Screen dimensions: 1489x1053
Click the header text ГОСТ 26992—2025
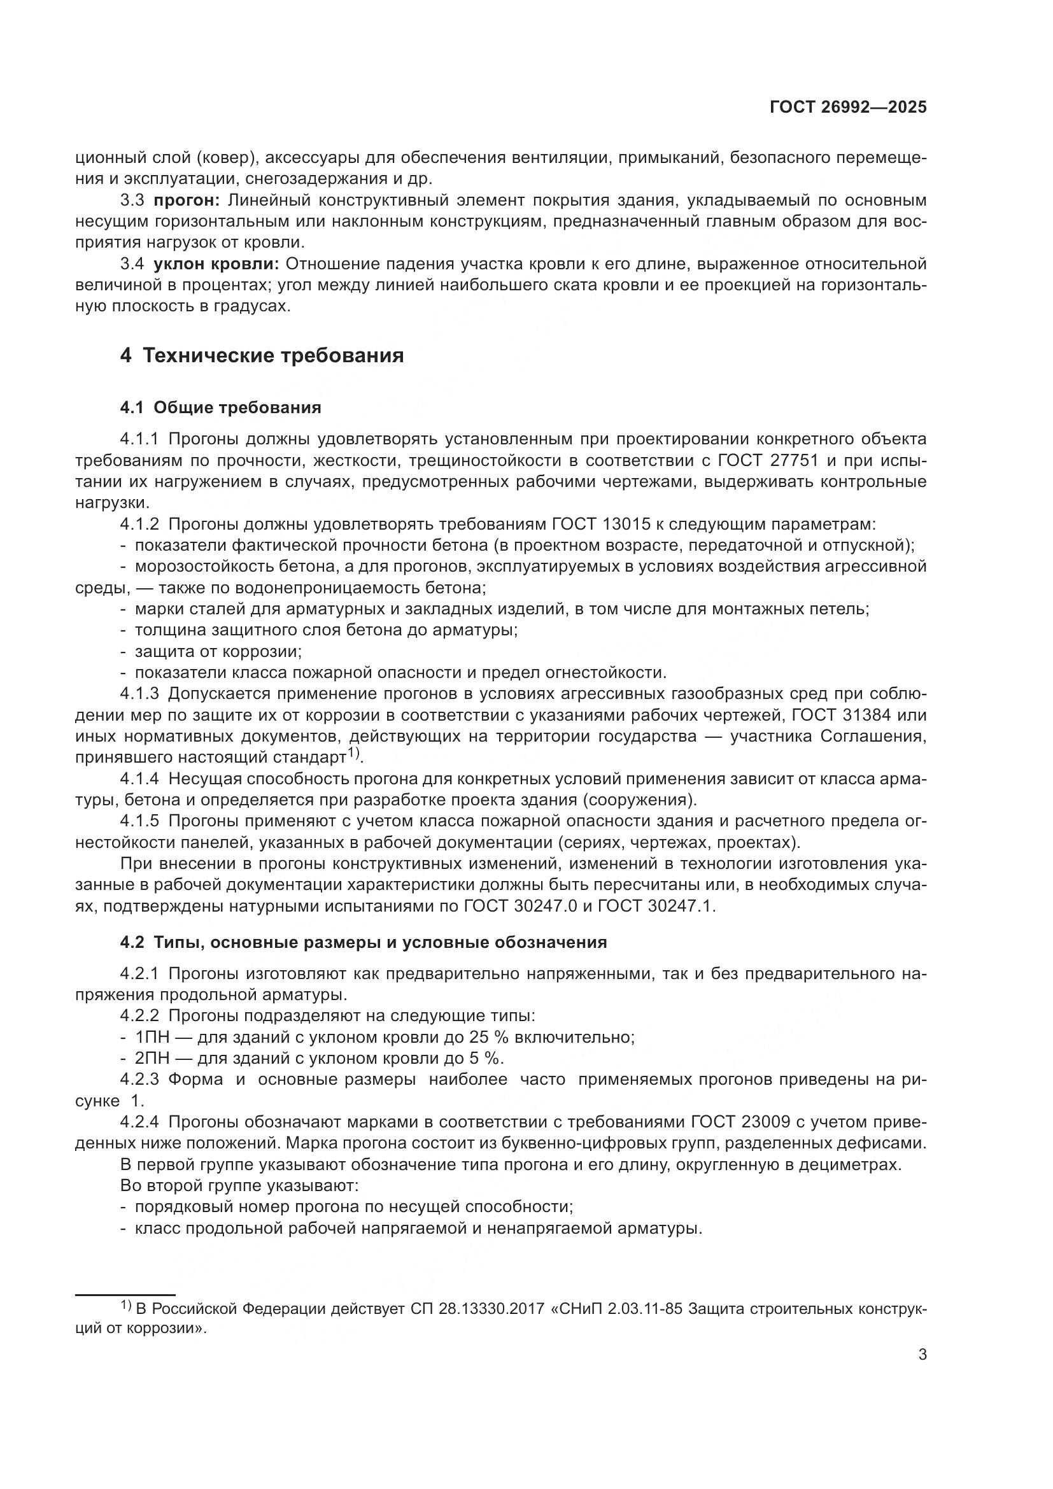click(x=847, y=108)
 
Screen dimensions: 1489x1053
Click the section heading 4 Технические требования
click(x=262, y=355)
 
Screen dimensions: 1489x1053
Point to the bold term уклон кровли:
click(x=216, y=264)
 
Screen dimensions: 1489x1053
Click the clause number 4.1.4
click(x=139, y=779)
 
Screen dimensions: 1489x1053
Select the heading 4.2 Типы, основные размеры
click(x=363, y=942)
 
